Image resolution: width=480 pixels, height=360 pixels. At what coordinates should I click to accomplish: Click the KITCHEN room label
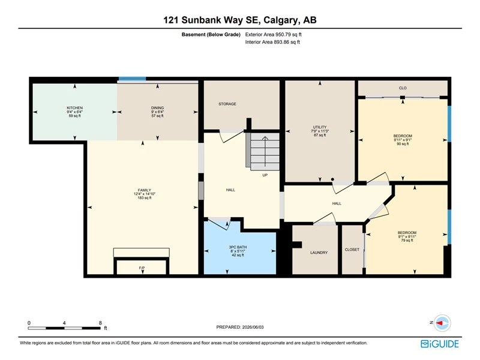tap(74, 108)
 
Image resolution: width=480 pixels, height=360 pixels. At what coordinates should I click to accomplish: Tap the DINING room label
tap(157, 108)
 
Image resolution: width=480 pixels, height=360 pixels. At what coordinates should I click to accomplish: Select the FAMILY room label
tap(145, 190)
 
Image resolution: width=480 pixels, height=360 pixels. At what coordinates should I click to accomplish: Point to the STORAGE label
tap(227, 104)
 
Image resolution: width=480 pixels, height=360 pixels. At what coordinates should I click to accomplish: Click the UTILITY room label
tap(320, 127)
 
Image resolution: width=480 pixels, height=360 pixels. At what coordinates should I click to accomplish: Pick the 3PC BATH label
tap(238, 247)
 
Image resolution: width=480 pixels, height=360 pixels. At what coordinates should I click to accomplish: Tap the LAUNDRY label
tap(319, 253)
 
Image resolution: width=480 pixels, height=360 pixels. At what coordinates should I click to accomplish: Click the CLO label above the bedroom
tap(403, 88)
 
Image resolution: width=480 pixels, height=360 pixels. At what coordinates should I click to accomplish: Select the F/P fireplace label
tap(142, 268)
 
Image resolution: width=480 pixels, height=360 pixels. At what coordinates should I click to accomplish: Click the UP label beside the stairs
tap(265, 175)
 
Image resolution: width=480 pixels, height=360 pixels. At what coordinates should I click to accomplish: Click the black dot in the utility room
tap(332, 179)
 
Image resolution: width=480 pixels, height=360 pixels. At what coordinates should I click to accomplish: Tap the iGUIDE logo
tap(440, 344)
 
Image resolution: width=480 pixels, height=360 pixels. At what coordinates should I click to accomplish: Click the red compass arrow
tap(440, 323)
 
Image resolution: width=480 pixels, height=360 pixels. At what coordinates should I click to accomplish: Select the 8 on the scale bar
tap(100, 323)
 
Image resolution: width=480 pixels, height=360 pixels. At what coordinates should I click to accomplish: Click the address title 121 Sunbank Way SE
tap(212, 20)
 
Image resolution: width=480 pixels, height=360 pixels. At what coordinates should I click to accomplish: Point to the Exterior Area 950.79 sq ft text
tap(274, 35)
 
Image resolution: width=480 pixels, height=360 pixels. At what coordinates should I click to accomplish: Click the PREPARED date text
tap(240, 327)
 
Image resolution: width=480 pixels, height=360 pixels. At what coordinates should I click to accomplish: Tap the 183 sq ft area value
tap(145, 198)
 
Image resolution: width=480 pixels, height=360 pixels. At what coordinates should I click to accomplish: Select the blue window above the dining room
tap(132, 79)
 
